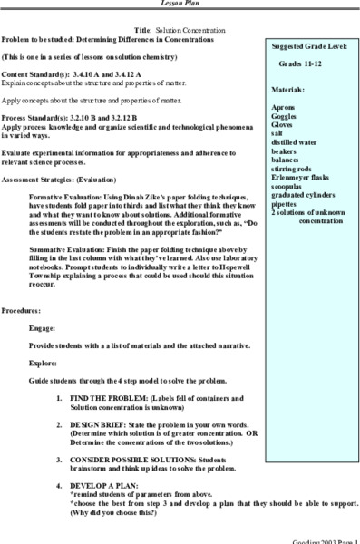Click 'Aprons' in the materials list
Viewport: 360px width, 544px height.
click(x=283, y=108)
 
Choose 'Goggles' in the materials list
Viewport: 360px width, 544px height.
click(x=286, y=118)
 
